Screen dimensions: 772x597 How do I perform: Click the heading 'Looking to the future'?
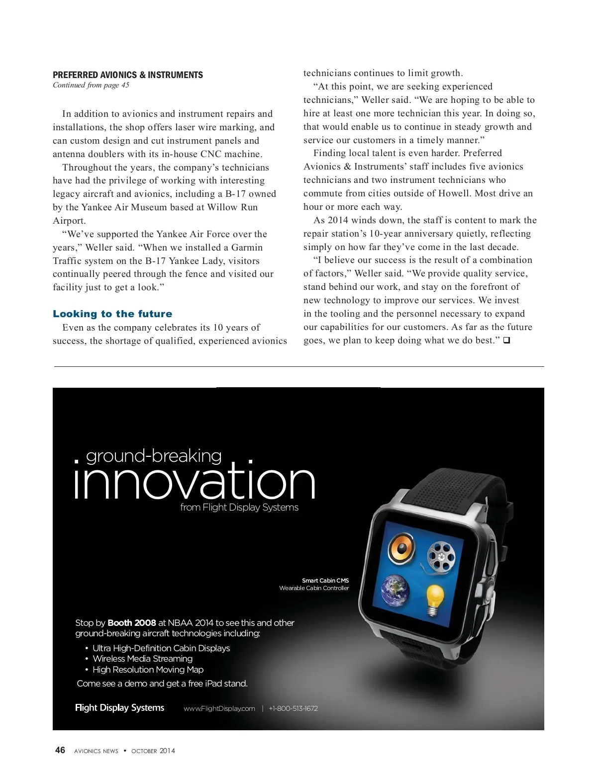pos(112,314)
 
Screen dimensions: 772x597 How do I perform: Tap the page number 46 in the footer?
pos(60,750)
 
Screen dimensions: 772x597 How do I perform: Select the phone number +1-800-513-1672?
pos(293,708)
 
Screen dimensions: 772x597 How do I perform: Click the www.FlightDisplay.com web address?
pos(219,708)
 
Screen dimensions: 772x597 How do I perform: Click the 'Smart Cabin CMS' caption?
pos(325,580)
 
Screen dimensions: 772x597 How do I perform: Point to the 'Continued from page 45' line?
pos(91,85)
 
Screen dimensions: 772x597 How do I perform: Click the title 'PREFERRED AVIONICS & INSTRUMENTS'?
pos(128,75)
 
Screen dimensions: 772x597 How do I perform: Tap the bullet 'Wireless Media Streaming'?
pos(142,659)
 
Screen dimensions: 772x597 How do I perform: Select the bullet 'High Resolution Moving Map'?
pos(148,670)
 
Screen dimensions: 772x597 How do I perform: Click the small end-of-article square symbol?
pos(506,341)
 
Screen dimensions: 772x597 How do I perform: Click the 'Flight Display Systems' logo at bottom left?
pos(119,708)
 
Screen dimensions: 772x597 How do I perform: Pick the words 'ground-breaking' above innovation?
pos(154,456)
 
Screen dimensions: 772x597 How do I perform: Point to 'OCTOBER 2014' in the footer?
pos(153,751)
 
